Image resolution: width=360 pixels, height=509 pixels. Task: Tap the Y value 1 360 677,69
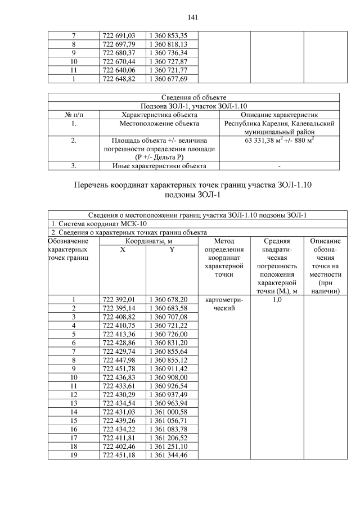click(x=168, y=79)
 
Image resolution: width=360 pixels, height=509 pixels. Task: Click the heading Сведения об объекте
click(x=194, y=98)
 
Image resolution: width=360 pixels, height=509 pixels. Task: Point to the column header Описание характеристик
click(x=279, y=115)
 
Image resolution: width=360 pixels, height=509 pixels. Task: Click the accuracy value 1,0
click(x=277, y=300)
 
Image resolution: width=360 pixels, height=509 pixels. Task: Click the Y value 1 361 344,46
click(x=168, y=454)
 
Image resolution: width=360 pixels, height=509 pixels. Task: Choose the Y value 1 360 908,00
click(x=168, y=377)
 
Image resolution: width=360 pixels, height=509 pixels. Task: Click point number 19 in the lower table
click(x=74, y=454)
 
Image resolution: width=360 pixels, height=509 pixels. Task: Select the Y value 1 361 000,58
click(x=168, y=412)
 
